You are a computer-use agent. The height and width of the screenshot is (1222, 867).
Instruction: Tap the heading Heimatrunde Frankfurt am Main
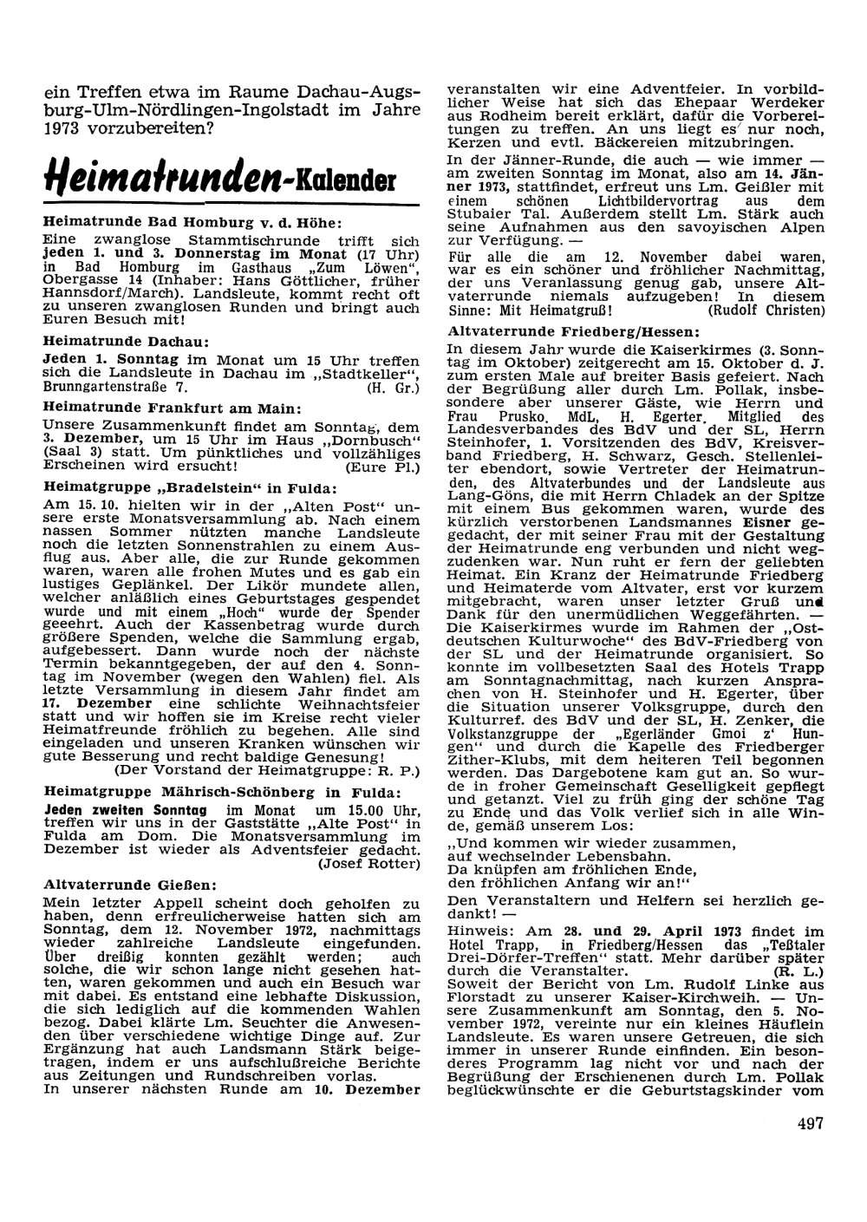point(172,408)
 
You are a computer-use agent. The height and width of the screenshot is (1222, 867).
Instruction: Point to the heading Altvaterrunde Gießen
point(127,885)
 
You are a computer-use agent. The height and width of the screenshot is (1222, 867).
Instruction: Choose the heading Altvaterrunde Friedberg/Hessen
point(573,331)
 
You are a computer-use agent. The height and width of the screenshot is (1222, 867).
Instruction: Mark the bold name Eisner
point(766,523)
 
